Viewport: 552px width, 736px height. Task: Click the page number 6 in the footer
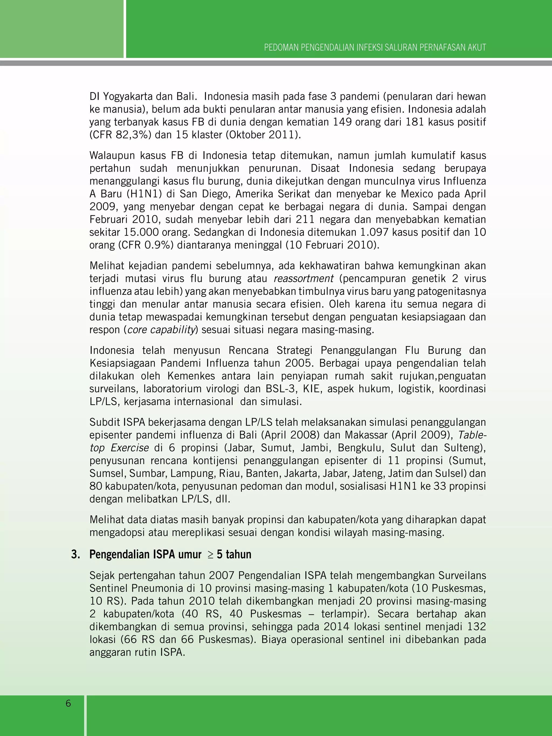click(68, 703)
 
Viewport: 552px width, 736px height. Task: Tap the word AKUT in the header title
click(477, 48)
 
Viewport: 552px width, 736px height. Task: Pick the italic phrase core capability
click(161, 330)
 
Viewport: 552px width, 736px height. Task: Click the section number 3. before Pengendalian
click(75, 555)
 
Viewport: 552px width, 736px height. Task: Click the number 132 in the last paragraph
click(477, 627)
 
